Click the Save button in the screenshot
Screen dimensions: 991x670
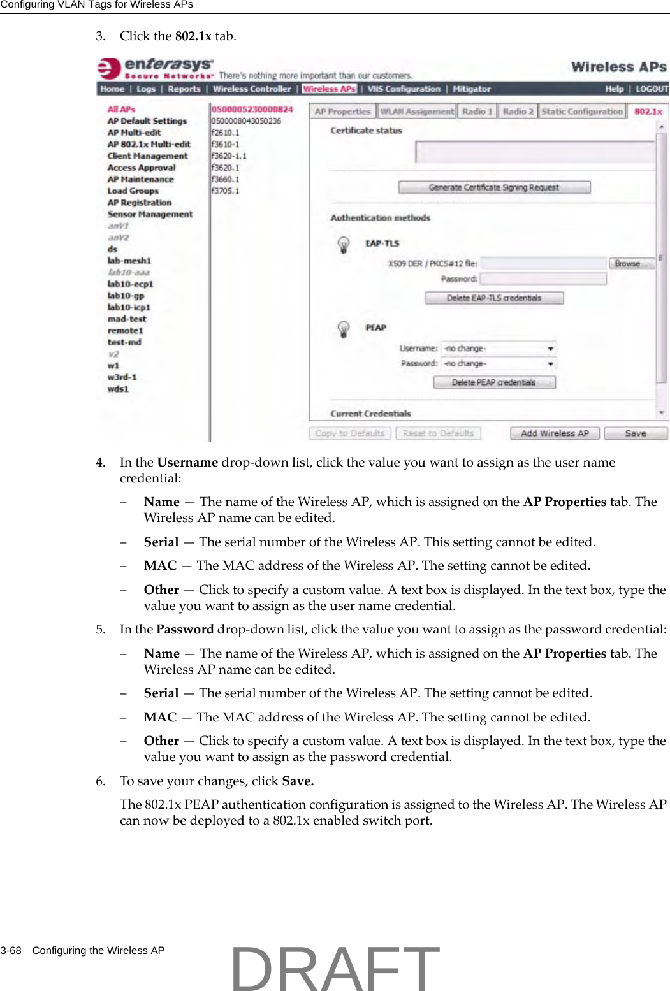coord(635,433)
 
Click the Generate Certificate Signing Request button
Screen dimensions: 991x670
coord(494,187)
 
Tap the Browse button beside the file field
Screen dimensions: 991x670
coord(630,264)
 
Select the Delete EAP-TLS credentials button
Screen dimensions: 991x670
coord(494,298)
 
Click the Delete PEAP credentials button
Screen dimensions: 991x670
coord(494,382)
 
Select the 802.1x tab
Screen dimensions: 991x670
coord(648,112)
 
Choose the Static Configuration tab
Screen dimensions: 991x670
coord(581,112)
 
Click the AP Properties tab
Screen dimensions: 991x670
coord(342,112)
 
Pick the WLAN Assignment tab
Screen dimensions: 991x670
coord(417,112)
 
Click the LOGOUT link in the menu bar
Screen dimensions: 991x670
coord(652,89)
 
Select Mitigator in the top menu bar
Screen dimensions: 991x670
coord(472,89)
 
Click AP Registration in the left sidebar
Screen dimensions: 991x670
coord(140,203)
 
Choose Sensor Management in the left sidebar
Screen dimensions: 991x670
coord(150,214)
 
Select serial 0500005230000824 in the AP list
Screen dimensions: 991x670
coord(252,109)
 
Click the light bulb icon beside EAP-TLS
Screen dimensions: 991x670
coord(344,245)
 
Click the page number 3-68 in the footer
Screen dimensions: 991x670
coord(11,950)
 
